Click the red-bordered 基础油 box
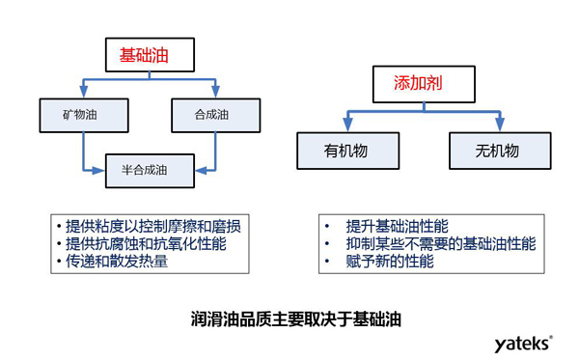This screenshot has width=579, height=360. coord(143,55)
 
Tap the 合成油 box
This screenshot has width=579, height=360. coord(210,114)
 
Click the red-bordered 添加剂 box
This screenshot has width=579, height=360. coord(424,83)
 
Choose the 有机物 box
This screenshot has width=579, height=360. coord(345,151)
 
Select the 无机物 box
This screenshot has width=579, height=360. coord(498,151)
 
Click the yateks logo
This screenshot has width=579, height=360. coord(524,343)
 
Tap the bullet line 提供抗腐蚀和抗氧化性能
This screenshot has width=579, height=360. coord(145,244)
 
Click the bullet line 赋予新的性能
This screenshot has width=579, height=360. coord(393,261)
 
